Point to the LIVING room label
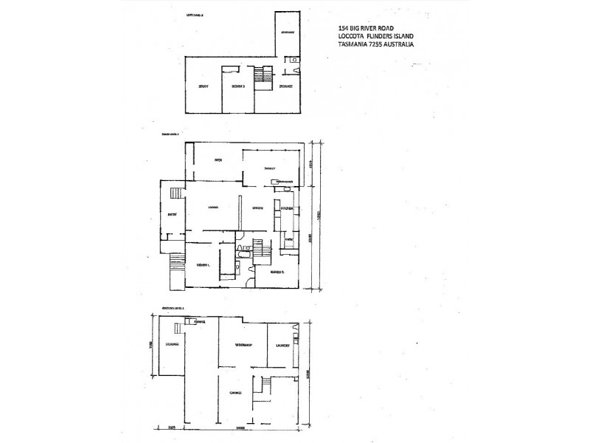tap(215, 207)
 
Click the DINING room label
tap(258, 207)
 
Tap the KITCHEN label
tap(288, 210)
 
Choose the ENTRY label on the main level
tap(172, 215)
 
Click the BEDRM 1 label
tap(204, 265)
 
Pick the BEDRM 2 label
tap(277, 272)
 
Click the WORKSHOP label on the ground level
tap(244, 346)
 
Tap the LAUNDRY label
tap(282, 346)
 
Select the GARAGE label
tap(236, 392)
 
